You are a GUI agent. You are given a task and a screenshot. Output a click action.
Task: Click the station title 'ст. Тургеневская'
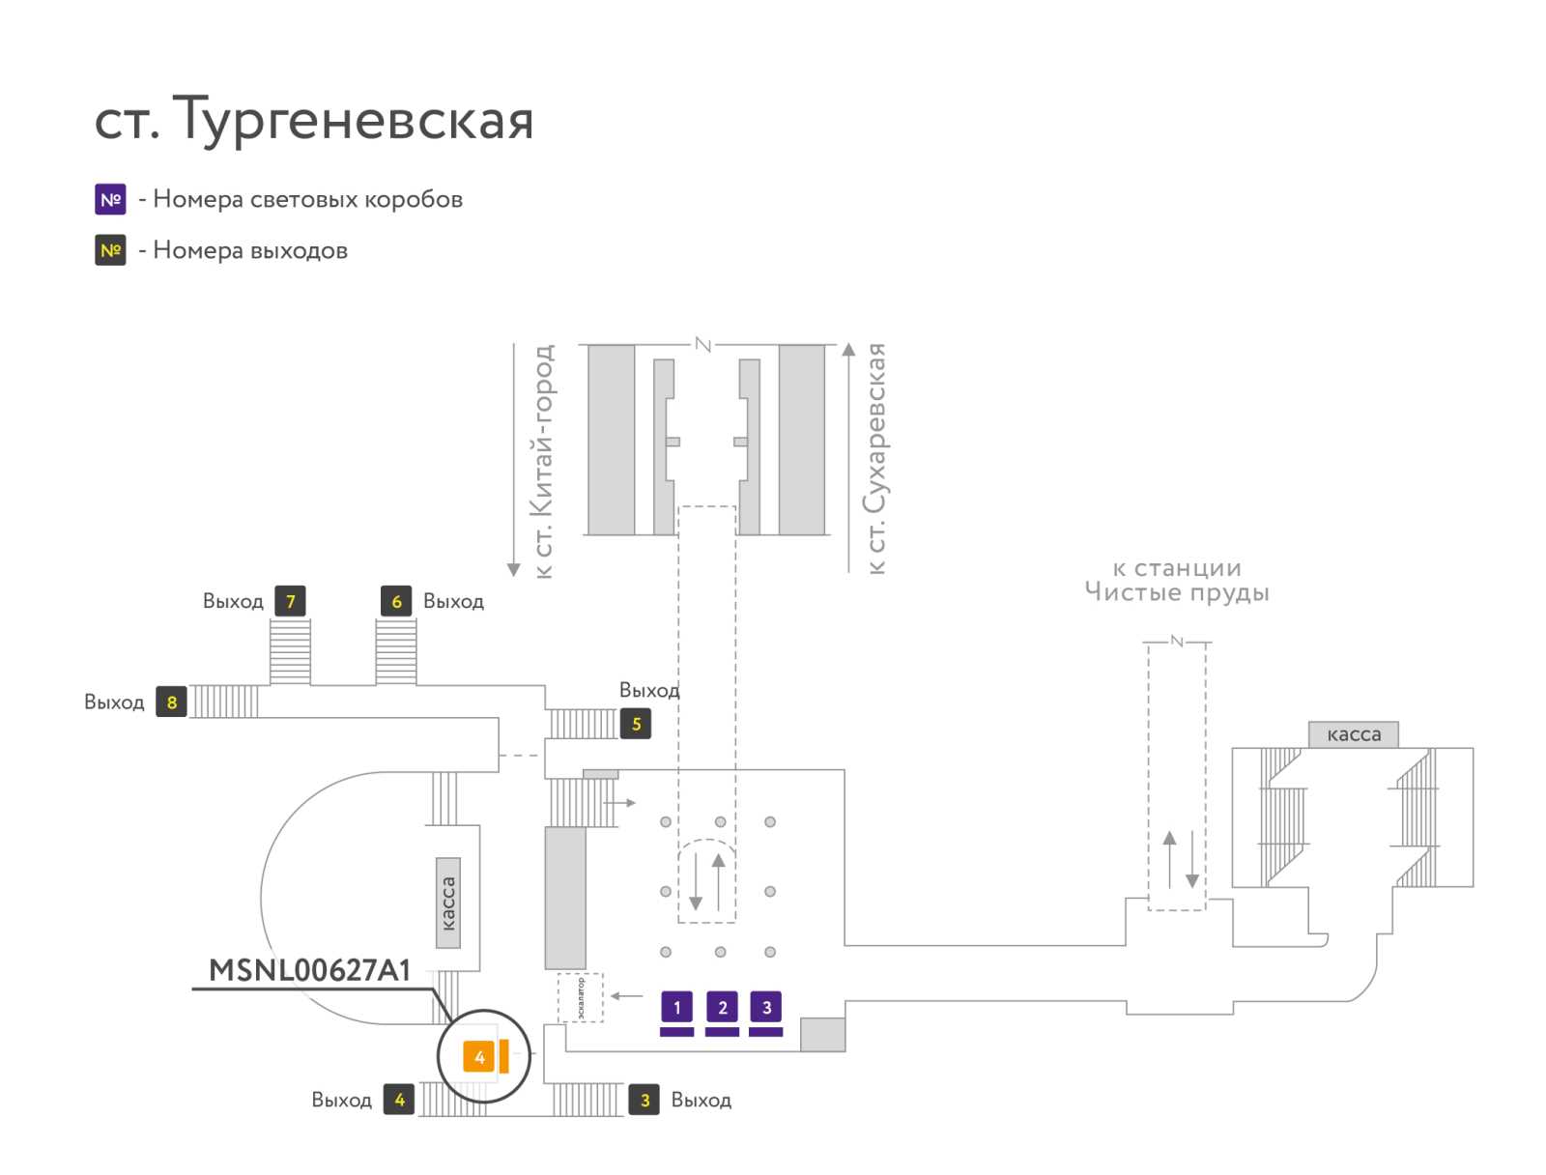(314, 120)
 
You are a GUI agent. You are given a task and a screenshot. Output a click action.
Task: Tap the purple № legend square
(110, 199)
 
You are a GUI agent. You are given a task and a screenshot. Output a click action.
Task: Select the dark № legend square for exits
(110, 250)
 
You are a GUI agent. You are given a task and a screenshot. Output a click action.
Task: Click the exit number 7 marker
(290, 601)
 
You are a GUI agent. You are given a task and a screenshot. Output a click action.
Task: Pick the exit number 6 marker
(396, 601)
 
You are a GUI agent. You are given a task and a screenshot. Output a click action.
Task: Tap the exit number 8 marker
(172, 702)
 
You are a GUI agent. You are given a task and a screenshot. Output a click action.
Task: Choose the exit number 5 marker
(636, 724)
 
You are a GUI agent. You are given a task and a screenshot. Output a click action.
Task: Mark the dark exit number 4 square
(399, 1100)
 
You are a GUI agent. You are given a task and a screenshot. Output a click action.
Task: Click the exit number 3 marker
(644, 1100)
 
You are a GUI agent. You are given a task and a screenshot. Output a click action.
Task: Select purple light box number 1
(676, 1008)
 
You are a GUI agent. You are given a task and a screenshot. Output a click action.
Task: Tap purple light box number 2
(722, 1008)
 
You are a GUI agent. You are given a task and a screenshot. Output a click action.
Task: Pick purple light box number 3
(766, 1008)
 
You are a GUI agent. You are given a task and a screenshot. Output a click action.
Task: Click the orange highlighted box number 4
(479, 1056)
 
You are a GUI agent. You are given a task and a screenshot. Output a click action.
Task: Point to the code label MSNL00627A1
(310, 970)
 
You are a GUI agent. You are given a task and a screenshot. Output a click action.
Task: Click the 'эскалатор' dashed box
(581, 998)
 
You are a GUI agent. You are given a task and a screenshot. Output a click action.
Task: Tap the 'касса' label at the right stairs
(1354, 734)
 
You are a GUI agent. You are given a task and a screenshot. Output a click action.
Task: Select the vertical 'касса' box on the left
(448, 903)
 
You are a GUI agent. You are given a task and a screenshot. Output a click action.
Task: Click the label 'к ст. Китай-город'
(543, 461)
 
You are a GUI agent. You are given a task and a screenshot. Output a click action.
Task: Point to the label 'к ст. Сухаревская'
(875, 459)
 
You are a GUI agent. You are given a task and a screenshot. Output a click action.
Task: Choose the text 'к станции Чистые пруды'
(1177, 580)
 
